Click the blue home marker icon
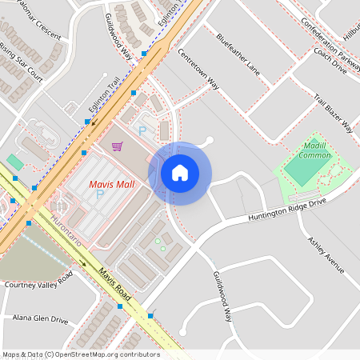point(180,173)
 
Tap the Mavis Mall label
point(110,186)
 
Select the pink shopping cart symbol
point(118,146)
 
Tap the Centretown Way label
point(198,70)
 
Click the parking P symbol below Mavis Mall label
point(100,194)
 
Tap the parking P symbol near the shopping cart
point(142,130)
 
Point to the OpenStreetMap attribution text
point(80,354)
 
